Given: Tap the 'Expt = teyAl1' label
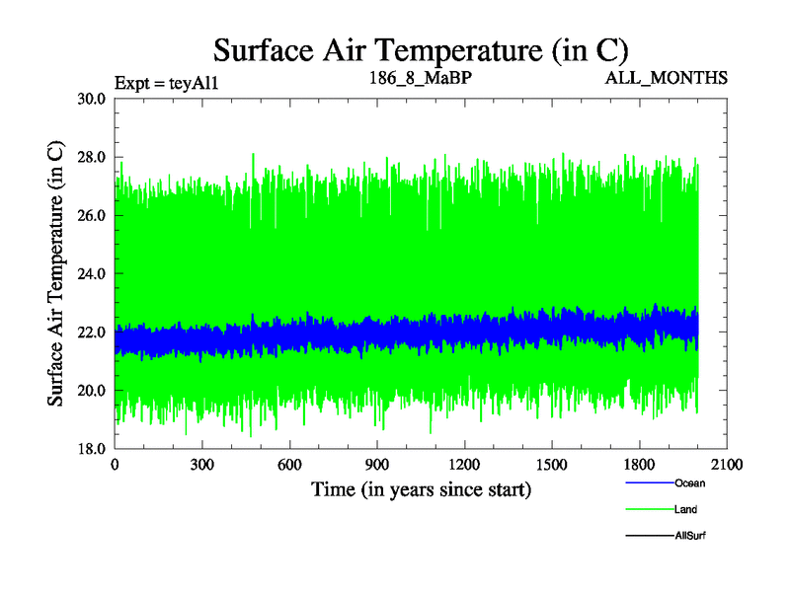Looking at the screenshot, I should coord(166,82).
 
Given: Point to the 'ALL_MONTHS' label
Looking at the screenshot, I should coord(667,77).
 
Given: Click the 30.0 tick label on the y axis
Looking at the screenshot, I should coord(90,99).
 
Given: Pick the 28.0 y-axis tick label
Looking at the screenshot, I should coord(90,157).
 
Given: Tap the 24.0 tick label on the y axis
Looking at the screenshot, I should coord(90,273).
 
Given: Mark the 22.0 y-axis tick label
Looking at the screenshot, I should coord(90,332).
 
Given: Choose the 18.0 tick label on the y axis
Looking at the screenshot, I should coord(90,448).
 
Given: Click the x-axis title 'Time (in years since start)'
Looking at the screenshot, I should coord(422,489).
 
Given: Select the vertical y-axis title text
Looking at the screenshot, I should coord(56,273).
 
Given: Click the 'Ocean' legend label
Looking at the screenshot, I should coord(689,483).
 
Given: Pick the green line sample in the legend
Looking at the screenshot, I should coord(649,509).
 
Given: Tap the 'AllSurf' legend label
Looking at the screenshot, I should coord(690,535).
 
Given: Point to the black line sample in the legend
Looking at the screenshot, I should coord(649,535).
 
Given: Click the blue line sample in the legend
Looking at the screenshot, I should coord(649,483).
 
